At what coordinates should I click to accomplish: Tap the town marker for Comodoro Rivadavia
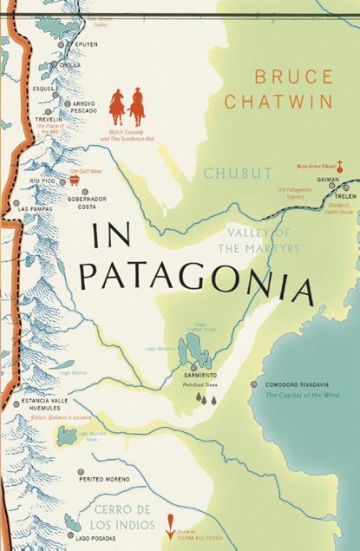(x=252, y=384)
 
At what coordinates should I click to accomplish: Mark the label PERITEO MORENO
(x=102, y=478)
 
